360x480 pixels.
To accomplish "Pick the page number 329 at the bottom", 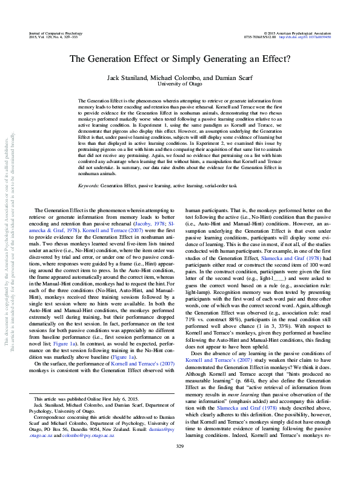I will (179, 464).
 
